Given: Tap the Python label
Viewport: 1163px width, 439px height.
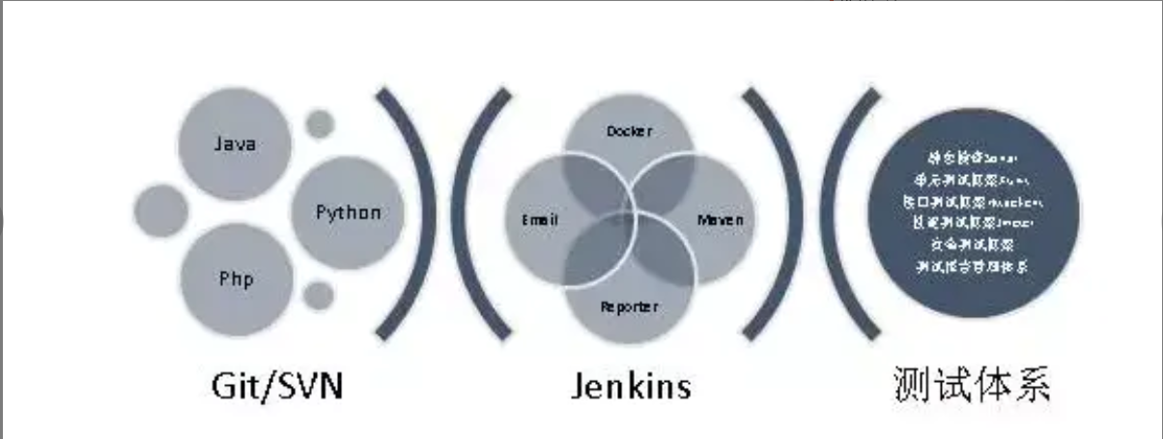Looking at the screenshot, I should [348, 213].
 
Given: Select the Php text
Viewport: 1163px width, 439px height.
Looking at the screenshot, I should [236, 279].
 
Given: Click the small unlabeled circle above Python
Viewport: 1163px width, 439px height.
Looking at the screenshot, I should [320, 125].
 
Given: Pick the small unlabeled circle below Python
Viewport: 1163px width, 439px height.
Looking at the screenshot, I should [319, 295].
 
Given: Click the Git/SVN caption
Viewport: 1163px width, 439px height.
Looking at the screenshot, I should [277, 387].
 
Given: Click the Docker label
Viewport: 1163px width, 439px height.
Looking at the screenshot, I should [629, 132].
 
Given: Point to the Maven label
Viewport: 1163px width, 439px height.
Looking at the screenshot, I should [721, 219].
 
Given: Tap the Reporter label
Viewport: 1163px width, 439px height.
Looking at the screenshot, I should [629, 307].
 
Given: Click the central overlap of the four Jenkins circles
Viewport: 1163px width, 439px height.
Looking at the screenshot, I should [629, 219].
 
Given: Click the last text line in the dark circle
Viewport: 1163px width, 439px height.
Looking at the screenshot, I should [972, 265].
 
